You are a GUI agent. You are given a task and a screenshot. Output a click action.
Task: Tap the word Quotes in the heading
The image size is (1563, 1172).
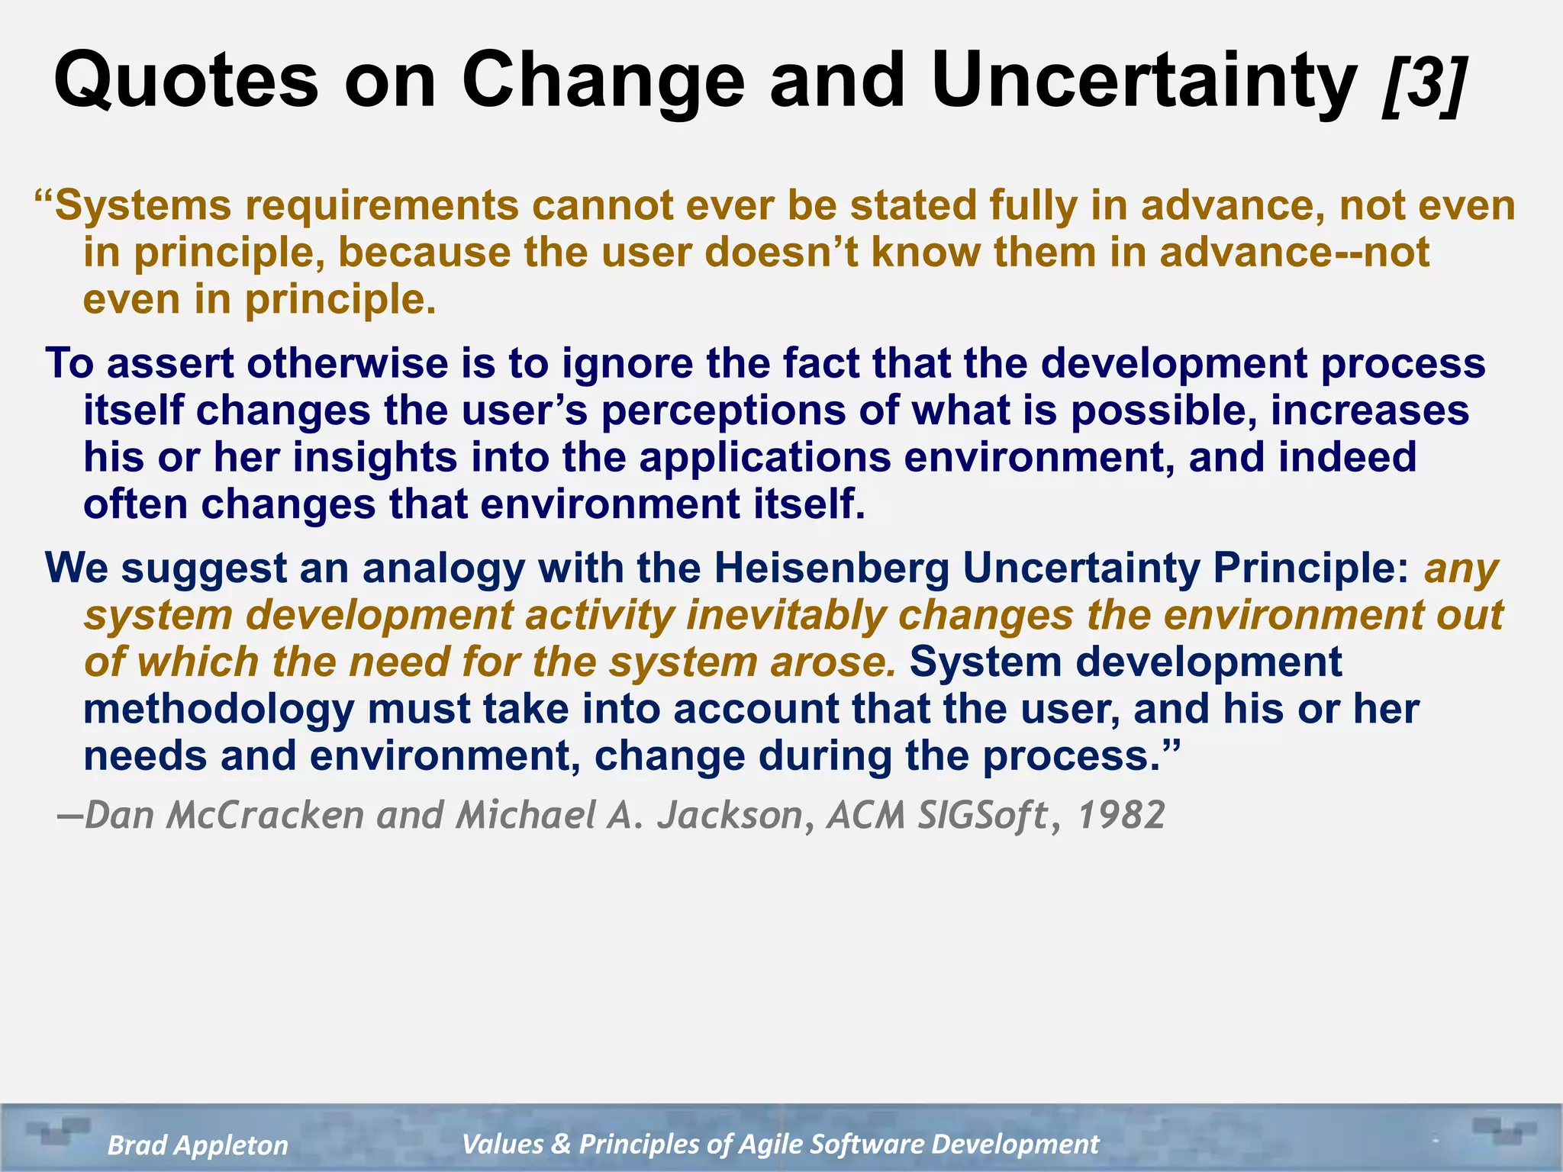[185, 81]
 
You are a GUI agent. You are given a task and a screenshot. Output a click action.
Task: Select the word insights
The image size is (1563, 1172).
[375, 458]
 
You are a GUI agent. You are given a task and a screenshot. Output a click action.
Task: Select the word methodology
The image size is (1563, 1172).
[218, 710]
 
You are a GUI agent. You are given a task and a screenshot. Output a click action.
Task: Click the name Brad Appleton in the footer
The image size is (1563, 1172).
[198, 1145]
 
